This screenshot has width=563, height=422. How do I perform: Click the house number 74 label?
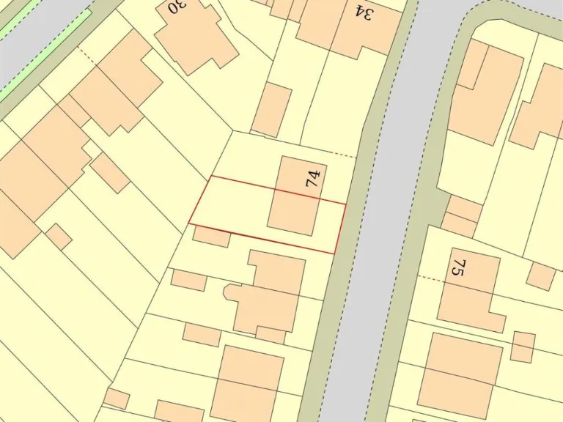click(x=314, y=177)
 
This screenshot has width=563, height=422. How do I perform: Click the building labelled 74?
click(x=293, y=201)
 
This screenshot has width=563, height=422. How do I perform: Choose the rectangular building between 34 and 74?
click(x=272, y=109)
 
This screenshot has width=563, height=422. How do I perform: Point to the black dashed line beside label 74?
click(x=342, y=155)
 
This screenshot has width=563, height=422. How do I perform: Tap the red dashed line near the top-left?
click(x=87, y=53)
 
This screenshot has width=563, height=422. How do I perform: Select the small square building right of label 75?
click(x=541, y=275)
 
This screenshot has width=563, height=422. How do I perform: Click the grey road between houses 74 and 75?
click(x=381, y=242)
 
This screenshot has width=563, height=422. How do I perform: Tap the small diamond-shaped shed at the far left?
click(x=59, y=237)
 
